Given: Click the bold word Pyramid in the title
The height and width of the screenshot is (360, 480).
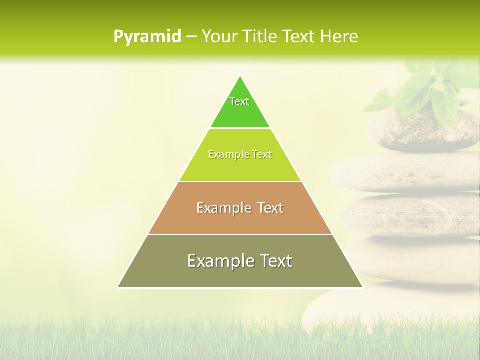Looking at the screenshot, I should pyautogui.click(x=147, y=37).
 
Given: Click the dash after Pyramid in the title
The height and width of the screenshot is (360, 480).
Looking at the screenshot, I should pyautogui.click(x=191, y=37).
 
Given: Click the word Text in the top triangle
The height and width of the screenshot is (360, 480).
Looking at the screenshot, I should pyautogui.click(x=239, y=101).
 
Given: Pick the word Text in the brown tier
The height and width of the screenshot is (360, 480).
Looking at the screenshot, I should pyautogui.click(x=270, y=208).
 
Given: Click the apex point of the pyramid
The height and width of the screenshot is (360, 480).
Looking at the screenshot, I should pyautogui.click(x=240, y=76).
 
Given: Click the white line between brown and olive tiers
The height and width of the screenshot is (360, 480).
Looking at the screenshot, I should pyautogui.click(x=240, y=234).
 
